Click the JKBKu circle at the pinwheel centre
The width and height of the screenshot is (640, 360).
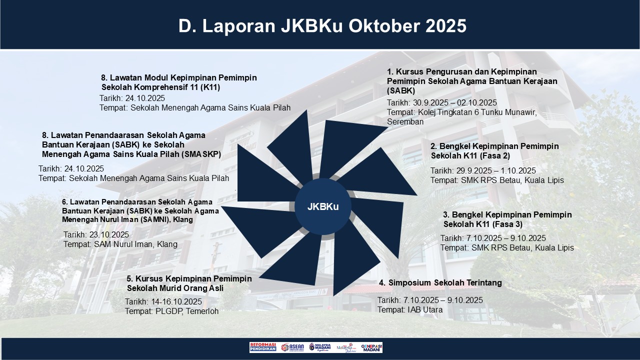(322, 206)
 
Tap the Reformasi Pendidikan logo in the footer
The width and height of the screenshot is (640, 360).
(262, 347)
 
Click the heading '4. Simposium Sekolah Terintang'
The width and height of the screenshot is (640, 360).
(440, 283)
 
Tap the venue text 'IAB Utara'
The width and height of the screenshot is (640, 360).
(421, 310)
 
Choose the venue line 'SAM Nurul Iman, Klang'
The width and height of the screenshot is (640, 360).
(135, 244)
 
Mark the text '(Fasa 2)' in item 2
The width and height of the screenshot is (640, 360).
(492, 155)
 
